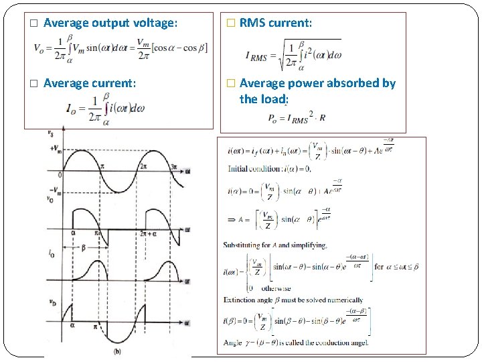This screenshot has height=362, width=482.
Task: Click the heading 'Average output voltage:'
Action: click(x=110, y=23)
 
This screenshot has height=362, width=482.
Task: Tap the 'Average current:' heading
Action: click(x=90, y=83)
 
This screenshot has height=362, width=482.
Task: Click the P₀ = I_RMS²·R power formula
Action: click(x=296, y=117)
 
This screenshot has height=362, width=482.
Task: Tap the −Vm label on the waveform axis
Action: click(x=56, y=190)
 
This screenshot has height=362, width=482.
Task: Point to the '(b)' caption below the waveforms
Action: click(x=118, y=351)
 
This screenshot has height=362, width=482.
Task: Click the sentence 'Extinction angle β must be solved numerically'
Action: click(x=293, y=300)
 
